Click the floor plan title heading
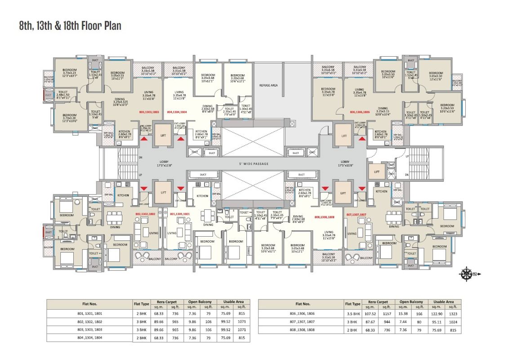[70, 26]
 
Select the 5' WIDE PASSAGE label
[254, 163]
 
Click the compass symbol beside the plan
[467, 273]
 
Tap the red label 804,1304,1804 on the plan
[177, 111]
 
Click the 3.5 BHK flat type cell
[353, 314]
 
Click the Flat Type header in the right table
[353, 304]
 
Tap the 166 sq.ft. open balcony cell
[419, 314]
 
